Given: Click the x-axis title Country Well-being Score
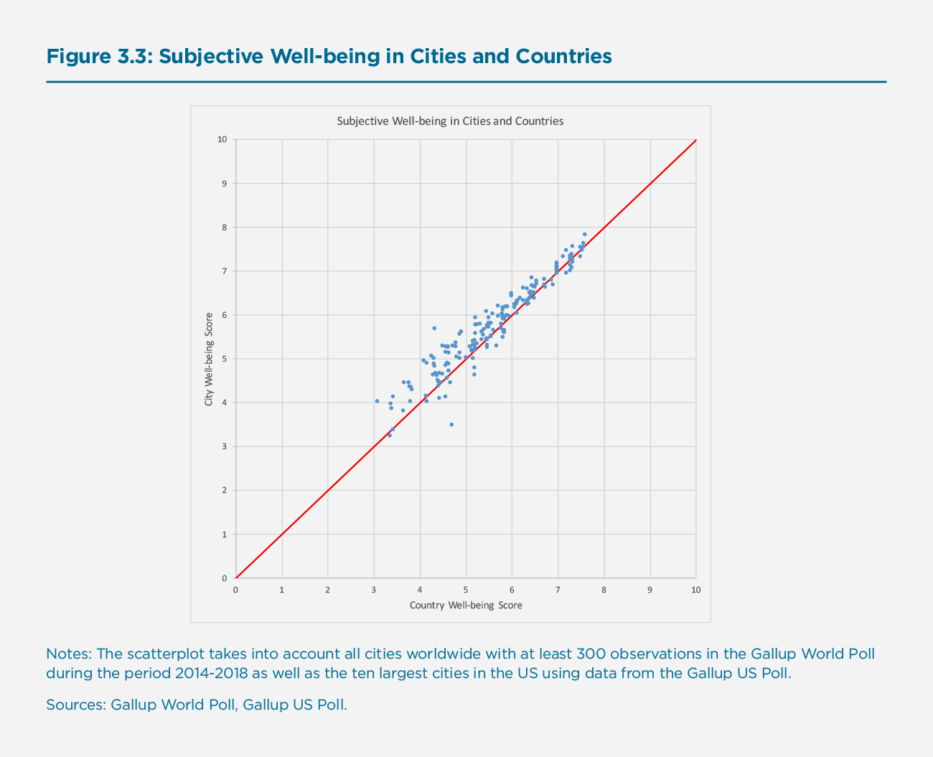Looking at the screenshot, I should click(466, 605).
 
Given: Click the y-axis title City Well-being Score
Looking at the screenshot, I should click(209, 359).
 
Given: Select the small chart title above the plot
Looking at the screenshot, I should click(450, 121).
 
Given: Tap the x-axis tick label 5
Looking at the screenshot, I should click(466, 590).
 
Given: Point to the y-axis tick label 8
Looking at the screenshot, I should click(224, 227).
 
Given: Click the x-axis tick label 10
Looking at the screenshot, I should click(695, 590).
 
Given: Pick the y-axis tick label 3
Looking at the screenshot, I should click(224, 446).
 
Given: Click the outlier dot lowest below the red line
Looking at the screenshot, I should click(451, 425).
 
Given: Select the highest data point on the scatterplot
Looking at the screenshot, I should click(585, 235).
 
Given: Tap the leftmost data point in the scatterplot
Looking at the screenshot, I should click(377, 401).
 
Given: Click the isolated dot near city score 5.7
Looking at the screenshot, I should click(434, 328).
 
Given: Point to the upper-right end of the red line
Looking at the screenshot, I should click(695, 141).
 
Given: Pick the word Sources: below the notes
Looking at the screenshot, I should click(76, 705).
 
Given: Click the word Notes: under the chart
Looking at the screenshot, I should click(69, 654).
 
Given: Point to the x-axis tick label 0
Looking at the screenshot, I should click(235, 590).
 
